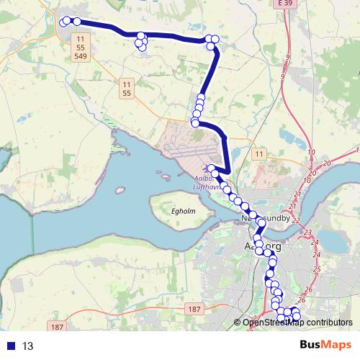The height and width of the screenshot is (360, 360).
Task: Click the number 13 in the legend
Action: (28, 346)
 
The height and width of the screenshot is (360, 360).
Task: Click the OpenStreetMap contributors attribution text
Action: (297, 323)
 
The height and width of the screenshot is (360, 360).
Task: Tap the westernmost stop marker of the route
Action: (63, 22)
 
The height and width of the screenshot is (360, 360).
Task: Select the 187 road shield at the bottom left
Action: (58, 327)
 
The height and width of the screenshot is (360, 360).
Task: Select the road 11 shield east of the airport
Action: (259, 154)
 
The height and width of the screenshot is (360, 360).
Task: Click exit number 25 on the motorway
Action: (317, 269)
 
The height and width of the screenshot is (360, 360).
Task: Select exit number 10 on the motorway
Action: (311, 152)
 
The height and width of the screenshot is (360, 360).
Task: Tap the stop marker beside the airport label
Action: (212, 168)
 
